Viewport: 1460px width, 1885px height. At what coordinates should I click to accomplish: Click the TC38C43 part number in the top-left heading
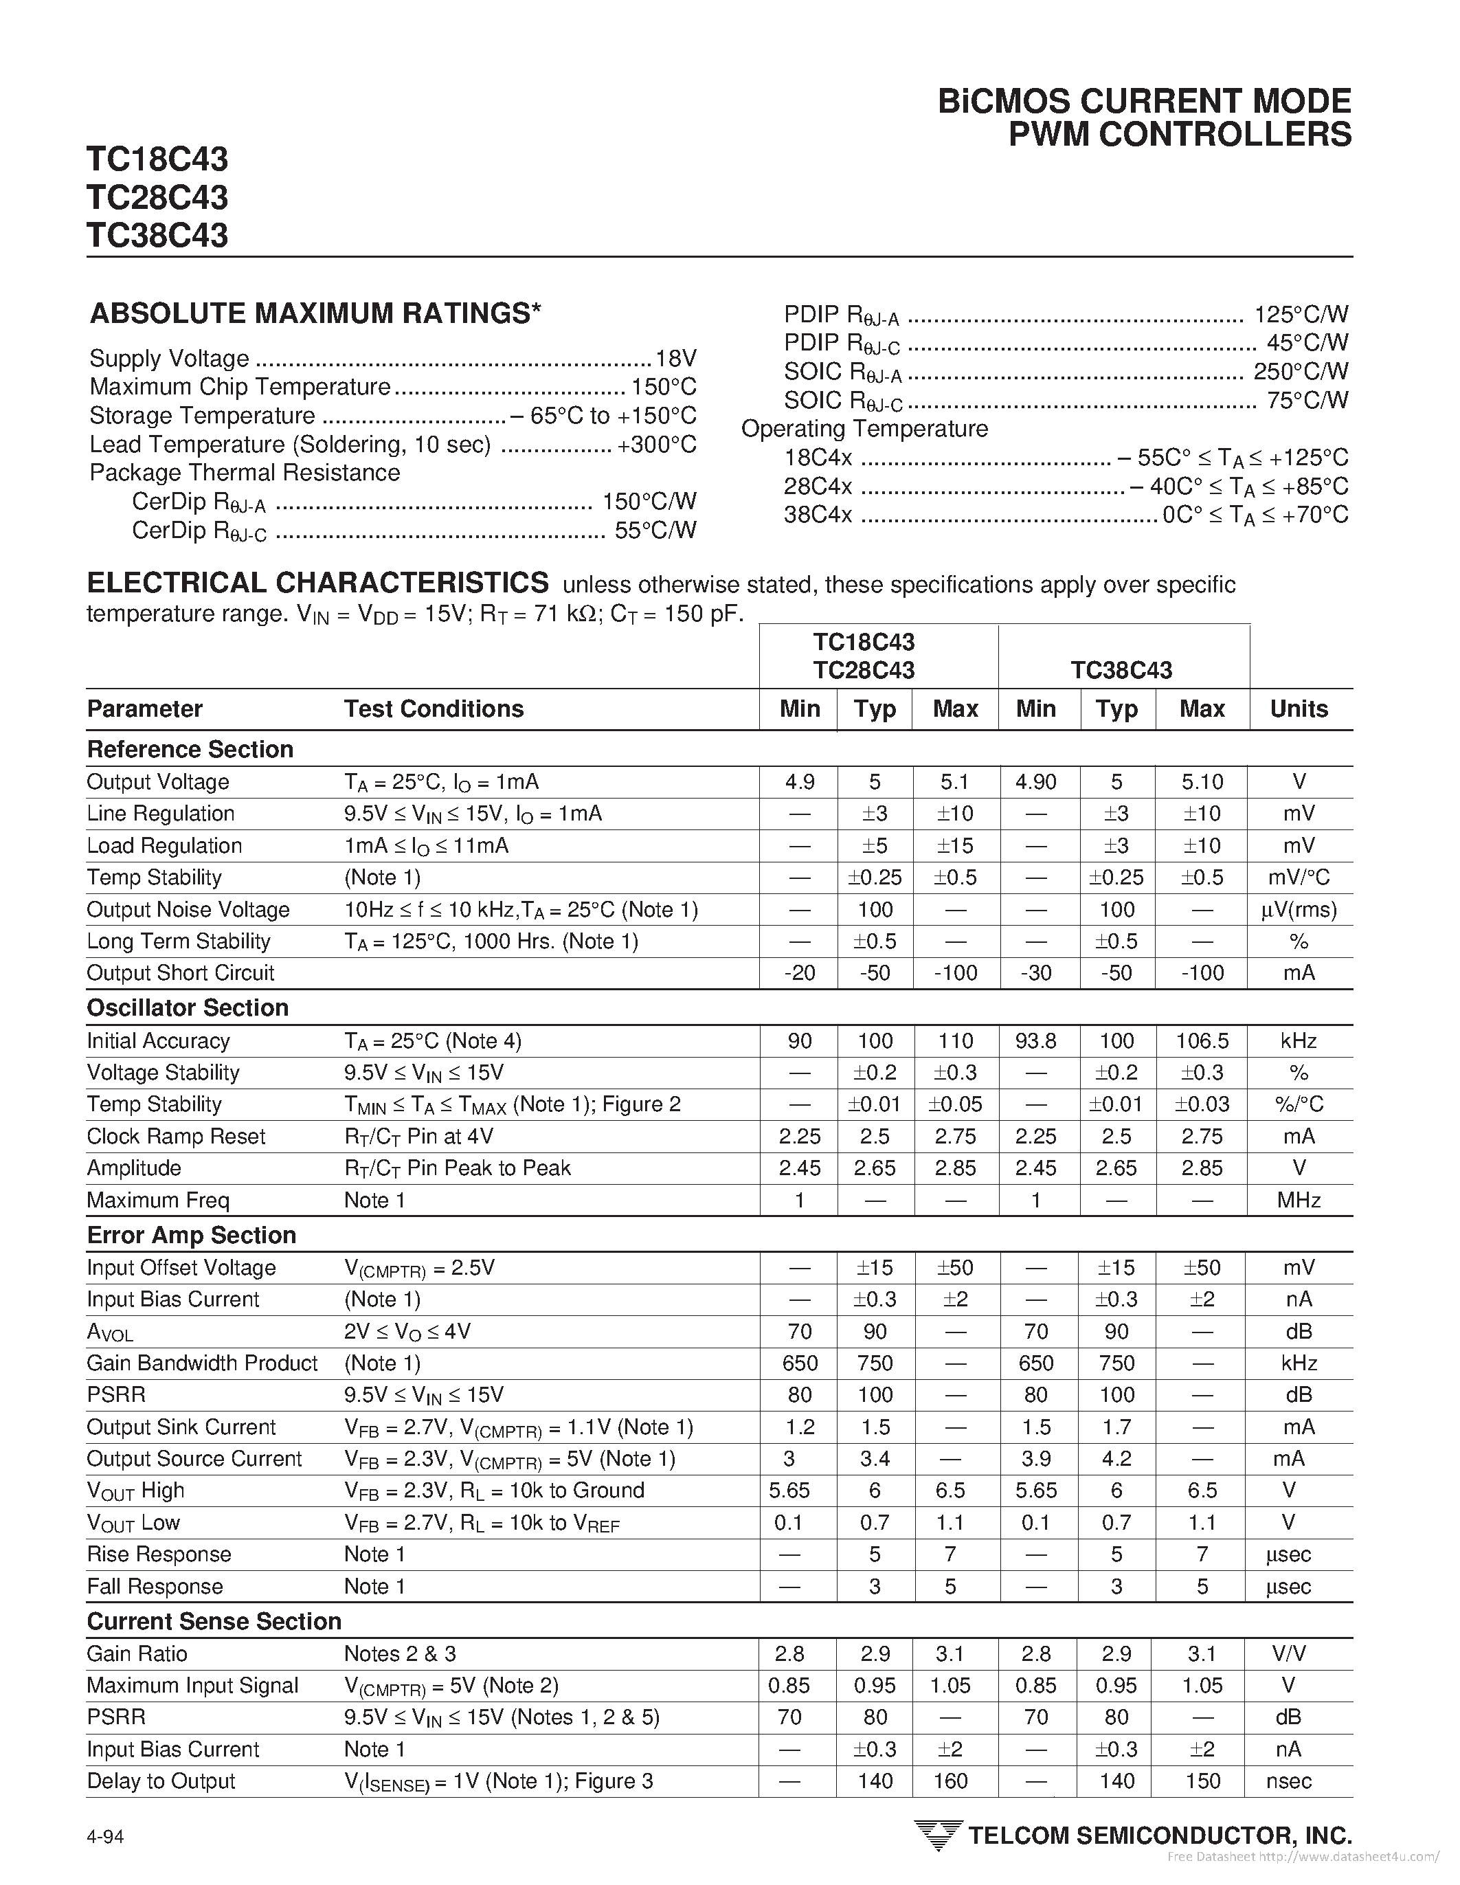157,236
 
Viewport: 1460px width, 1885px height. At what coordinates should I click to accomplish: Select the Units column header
1299,709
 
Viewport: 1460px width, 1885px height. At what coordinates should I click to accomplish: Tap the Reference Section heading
190,749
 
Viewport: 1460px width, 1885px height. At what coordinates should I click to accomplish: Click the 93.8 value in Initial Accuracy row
1035,1041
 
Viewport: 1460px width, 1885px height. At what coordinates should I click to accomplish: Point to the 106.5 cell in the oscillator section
1202,1041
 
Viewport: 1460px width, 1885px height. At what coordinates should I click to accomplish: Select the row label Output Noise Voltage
188,910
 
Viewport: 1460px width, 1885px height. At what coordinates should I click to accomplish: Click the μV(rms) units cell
1299,910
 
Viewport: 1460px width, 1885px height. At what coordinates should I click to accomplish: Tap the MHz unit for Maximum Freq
1299,1201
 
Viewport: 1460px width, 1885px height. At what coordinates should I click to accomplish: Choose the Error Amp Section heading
192,1235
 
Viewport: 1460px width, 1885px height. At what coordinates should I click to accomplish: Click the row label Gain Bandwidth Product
202,1363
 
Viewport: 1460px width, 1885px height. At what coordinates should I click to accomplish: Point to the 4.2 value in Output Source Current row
1116,1459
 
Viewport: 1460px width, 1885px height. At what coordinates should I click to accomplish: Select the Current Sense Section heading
214,1621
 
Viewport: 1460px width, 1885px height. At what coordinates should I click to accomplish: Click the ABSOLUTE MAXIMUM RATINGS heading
315,313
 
